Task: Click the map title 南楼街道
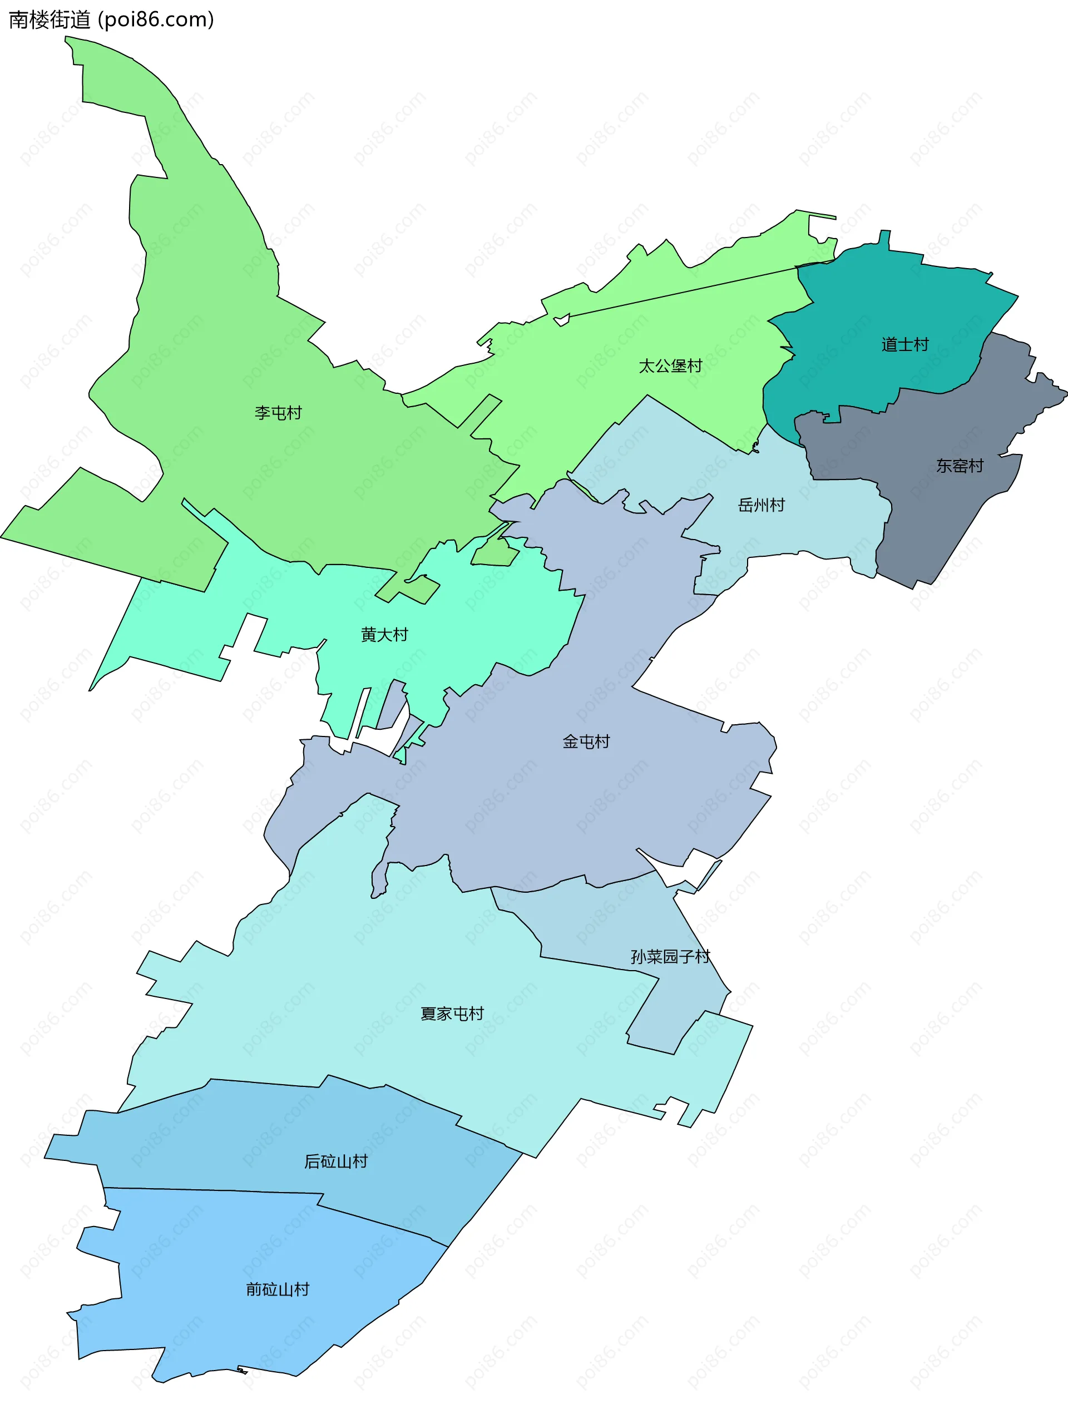(50, 20)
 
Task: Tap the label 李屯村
(278, 413)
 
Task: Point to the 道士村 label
(904, 344)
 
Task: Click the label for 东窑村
(959, 466)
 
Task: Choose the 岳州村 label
(762, 505)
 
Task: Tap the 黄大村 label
(384, 635)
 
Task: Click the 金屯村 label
(586, 741)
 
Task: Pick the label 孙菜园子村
(670, 957)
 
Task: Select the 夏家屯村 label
(452, 1013)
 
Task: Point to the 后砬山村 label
(335, 1161)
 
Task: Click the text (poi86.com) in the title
(156, 20)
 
